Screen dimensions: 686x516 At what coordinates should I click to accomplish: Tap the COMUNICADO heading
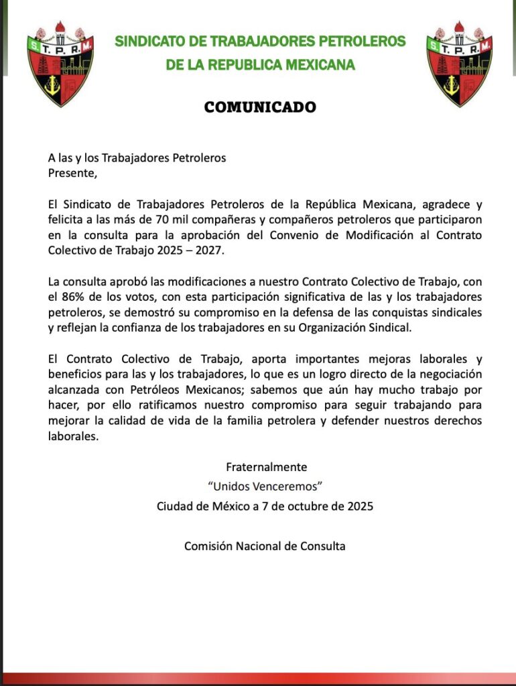tap(260, 107)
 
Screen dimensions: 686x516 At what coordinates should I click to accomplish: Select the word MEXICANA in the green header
tap(314, 65)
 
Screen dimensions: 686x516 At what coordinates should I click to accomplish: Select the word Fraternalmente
tap(266, 467)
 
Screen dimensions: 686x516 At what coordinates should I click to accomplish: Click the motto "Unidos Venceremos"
tap(266, 486)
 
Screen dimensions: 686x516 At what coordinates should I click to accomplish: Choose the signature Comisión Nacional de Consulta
tap(265, 546)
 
